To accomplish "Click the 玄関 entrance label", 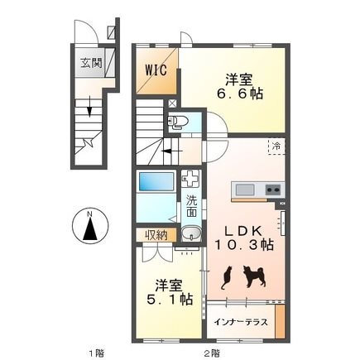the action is click(91, 63).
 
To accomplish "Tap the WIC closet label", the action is click(156, 70).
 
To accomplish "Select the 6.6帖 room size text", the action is click(239, 94).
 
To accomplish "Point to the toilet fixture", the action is click(178, 122).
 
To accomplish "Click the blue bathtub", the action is click(156, 181).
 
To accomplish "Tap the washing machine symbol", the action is click(190, 178).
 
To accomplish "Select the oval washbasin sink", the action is click(191, 233).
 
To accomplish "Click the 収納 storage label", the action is click(156, 235).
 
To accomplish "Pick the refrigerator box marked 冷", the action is click(276, 146).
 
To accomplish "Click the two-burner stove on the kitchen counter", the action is click(275, 190).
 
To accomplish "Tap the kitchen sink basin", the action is click(245, 190).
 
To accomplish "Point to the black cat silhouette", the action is click(226, 278).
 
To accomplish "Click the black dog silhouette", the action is click(254, 276).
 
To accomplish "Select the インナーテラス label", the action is click(241, 322).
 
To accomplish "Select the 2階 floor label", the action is click(212, 353).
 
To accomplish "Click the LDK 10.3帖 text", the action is click(244, 238).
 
